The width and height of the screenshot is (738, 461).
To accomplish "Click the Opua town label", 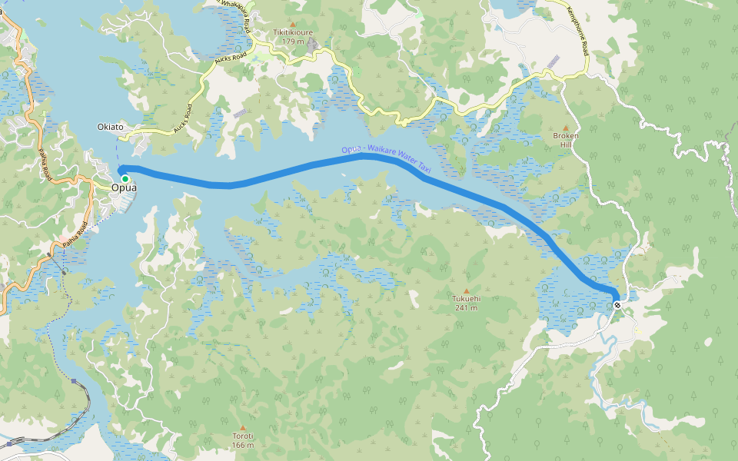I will [x=124, y=187].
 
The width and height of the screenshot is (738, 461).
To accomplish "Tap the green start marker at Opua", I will [x=125, y=178].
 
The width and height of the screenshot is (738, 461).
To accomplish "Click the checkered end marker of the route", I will [x=617, y=305].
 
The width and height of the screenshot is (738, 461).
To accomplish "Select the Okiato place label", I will [x=111, y=127].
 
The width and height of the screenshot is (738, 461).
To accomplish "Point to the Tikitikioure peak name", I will [x=292, y=33].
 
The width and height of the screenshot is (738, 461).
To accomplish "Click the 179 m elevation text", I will [x=292, y=41].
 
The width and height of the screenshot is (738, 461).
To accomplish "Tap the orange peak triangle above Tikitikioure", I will [x=292, y=25].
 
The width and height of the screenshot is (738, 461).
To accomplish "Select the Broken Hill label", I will [x=566, y=140].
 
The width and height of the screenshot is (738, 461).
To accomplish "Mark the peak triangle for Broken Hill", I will [x=566, y=128].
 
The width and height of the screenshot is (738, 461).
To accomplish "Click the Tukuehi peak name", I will [x=466, y=299].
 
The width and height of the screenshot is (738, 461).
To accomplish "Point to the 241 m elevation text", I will [x=466, y=307].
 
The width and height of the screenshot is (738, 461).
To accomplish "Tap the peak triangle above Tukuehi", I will [x=466, y=290].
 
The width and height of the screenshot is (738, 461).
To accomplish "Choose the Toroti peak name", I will [x=243, y=436].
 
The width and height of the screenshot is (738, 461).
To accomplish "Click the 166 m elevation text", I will [x=243, y=444].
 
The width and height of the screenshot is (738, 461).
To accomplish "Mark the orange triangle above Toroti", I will [x=243, y=427].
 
